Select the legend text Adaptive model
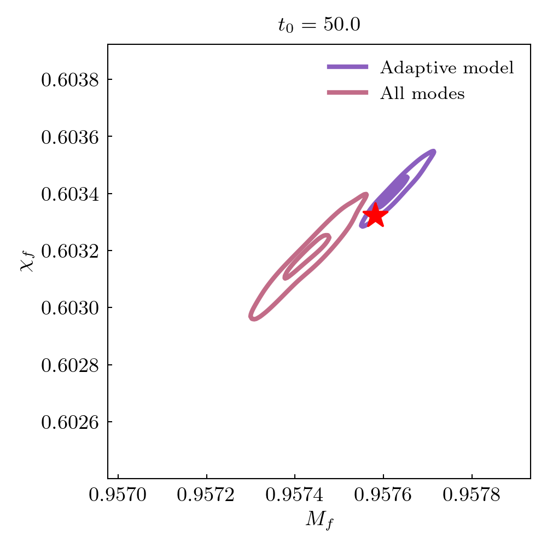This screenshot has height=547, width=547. point(447,68)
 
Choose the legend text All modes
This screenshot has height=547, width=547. point(422,94)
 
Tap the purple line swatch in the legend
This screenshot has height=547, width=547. point(347,67)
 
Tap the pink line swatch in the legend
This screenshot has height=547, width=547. point(347,93)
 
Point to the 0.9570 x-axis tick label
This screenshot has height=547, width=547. point(118,496)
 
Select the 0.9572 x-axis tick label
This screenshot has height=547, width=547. point(207,496)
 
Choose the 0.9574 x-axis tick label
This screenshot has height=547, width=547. point(295,496)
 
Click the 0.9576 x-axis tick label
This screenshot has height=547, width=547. point(383,496)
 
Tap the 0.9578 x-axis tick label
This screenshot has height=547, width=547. point(472,496)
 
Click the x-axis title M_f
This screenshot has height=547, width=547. point(319,520)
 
